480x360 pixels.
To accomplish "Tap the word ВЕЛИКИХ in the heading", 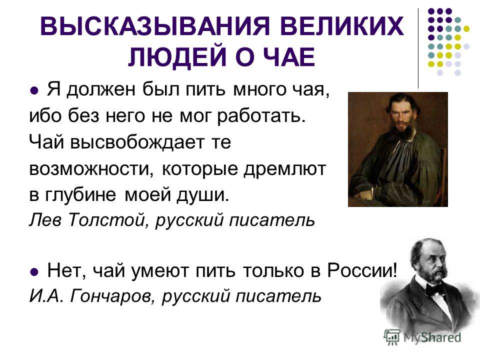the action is click(x=341, y=25).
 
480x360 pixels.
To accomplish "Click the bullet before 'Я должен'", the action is click(x=34, y=90).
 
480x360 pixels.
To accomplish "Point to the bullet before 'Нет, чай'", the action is click(x=34, y=271).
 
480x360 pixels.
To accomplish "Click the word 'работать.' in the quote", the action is click(x=261, y=116).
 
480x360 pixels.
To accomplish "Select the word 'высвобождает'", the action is click(x=137, y=142).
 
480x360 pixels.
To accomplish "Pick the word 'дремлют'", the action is click(x=284, y=169).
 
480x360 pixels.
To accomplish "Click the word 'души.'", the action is click(x=202, y=195).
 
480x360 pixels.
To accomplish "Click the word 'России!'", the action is click(x=362, y=270).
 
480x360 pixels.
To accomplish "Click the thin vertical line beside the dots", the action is click(x=418, y=48).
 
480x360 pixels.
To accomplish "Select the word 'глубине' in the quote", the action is click(x=80, y=195).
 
